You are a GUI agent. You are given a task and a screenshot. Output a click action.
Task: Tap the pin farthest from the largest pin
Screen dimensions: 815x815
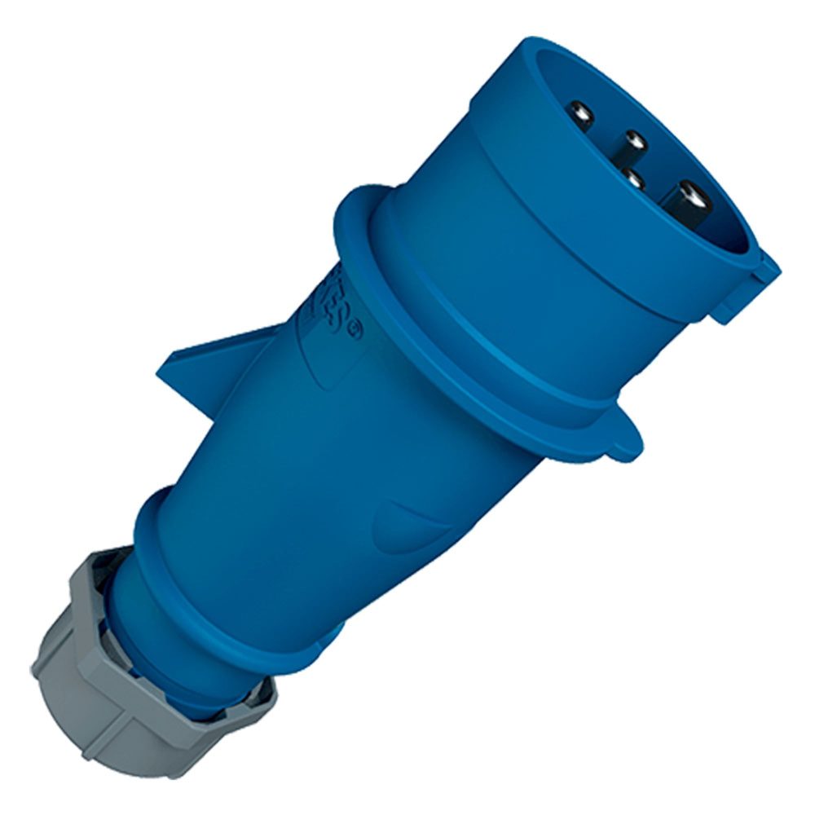(x=580, y=113)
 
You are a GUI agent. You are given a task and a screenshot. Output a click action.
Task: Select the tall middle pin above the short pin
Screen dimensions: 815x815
(x=634, y=145)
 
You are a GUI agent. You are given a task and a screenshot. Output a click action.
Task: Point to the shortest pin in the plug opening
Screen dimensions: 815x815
(x=633, y=177)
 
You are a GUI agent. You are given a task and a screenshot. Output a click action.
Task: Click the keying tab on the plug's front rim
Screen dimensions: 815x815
(x=750, y=281)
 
